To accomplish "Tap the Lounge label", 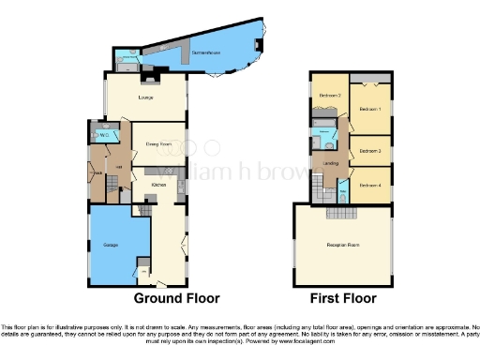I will (x=145, y=97).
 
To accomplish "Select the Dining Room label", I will (x=157, y=143).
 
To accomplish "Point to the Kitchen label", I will (x=158, y=185).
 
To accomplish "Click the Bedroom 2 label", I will (x=328, y=96).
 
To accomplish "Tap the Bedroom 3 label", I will (x=372, y=150).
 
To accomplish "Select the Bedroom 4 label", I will (x=372, y=185).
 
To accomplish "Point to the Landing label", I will (x=330, y=164).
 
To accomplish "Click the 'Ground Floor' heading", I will (x=176, y=298).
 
